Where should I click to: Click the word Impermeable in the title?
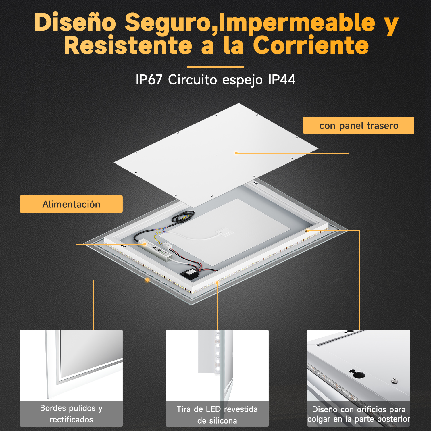(297, 23)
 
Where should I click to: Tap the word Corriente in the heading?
(311, 45)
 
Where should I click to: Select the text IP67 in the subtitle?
(149, 80)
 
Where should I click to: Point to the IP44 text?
(282, 80)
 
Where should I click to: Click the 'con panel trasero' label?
(359, 125)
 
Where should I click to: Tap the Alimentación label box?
(71, 204)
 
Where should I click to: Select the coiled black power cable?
(183, 217)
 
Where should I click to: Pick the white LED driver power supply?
(155, 249)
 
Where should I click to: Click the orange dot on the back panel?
(236, 153)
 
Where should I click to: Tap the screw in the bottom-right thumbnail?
(395, 381)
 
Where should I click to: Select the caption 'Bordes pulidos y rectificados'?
(71, 414)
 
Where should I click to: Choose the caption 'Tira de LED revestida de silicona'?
(217, 415)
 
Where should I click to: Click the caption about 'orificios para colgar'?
(359, 414)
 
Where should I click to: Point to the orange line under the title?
(215, 67)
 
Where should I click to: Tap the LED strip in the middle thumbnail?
(217, 352)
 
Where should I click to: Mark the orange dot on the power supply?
(145, 244)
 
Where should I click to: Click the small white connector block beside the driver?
(167, 245)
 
